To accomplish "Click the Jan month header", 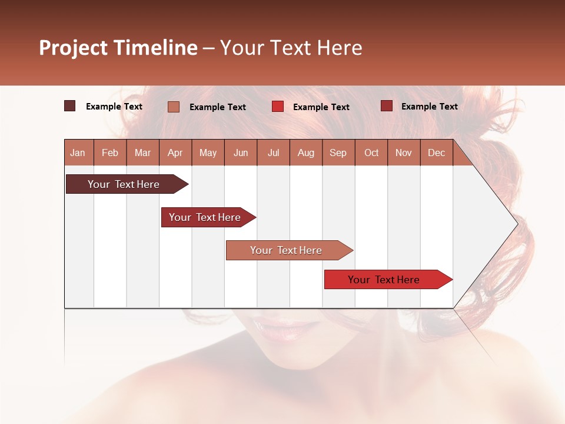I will point(78,153).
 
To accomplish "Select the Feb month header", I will point(110,153).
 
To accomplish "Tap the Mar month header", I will point(142,153).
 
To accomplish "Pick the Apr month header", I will point(175,153).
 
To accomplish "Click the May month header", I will point(208,153).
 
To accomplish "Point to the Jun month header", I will point(241,153).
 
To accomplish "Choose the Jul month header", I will point(273,153).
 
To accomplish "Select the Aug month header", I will point(305,153).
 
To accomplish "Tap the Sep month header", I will point(338,153).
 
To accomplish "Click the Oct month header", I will point(371,153).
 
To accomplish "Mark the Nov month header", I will point(404,153).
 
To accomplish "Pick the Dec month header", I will point(436,153).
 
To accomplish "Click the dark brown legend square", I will point(70,106).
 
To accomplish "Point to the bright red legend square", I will point(278,107).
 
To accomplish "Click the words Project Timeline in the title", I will point(118,48).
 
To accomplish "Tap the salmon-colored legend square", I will point(174,107).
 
